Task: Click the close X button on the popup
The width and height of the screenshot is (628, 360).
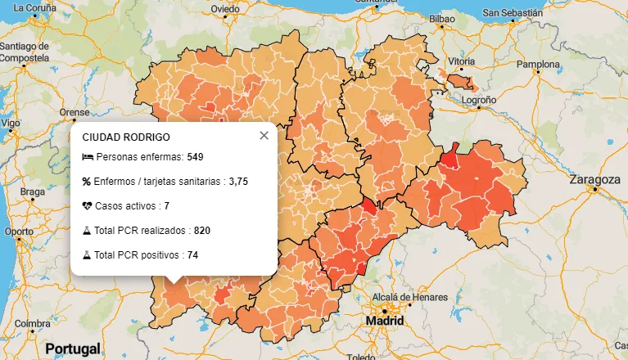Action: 264,136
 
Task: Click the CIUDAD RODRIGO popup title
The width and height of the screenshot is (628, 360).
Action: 126,137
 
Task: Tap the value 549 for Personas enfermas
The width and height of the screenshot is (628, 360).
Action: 195,157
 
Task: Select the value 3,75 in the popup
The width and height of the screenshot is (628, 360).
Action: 238,182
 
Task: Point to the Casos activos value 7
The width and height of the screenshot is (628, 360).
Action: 166,206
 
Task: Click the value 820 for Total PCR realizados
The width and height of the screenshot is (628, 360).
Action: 202,231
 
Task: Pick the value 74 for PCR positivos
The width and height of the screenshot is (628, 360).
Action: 192,255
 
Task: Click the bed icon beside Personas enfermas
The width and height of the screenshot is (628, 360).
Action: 88,157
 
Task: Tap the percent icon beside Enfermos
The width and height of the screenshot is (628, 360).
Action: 87,182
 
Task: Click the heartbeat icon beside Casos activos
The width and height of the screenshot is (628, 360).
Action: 87,206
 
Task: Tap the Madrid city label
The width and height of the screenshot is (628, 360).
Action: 385,321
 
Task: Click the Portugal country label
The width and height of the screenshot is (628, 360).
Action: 72,349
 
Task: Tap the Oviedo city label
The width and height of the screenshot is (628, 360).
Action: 225,9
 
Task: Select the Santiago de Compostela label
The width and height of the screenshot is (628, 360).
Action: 25,53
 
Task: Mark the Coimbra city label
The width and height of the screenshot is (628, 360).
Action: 32,322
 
